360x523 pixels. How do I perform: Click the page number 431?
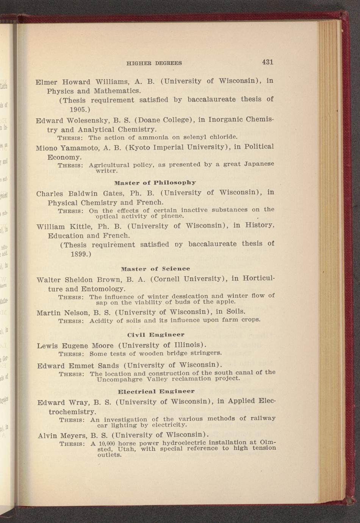(267, 62)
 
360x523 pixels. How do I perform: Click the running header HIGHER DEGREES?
(154, 63)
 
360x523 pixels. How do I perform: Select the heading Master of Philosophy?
(155, 183)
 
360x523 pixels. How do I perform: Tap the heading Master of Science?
(155, 269)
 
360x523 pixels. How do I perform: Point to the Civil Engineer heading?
(156, 335)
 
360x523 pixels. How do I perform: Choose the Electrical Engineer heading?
(156, 391)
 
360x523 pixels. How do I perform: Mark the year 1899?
(81, 254)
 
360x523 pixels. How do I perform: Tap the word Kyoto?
(141, 147)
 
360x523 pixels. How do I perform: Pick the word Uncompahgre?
(120, 379)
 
